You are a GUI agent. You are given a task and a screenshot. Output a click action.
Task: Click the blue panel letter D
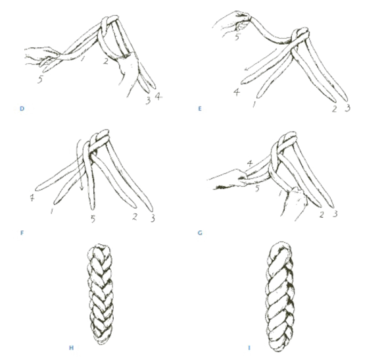point(22,109)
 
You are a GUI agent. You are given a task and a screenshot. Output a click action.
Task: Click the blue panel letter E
point(200,109)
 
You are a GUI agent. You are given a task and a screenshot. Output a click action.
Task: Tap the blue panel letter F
point(22,233)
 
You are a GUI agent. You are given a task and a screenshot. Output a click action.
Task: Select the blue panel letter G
point(200,233)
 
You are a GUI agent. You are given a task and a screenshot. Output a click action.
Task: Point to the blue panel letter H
point(71,348)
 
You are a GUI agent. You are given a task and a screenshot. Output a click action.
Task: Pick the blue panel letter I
point(249,348)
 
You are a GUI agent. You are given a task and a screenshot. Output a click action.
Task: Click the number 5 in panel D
point(40,80)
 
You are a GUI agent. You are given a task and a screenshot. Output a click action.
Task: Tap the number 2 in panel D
point(106,61)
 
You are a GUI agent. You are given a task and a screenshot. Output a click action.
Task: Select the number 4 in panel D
point(158,96)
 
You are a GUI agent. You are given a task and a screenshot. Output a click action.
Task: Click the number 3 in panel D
point(148,100)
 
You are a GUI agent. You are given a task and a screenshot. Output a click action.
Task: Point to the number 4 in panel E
point(237,92)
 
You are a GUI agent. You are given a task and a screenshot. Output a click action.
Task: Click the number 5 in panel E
point(237,37)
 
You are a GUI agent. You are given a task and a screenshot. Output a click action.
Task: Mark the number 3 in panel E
point(348,108)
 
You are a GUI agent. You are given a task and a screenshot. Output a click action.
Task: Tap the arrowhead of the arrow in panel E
point(247,68)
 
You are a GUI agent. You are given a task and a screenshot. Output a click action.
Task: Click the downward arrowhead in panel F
point(82,188)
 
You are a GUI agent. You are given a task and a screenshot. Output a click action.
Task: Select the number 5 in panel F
point(93,219)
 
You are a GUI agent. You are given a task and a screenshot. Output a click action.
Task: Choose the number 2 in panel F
point(134,217)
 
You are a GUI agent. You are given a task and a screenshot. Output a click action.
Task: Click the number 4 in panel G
point(250,163)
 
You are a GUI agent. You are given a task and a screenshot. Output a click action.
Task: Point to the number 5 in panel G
point(257,188)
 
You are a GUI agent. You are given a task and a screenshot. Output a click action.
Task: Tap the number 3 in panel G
point(335,214)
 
